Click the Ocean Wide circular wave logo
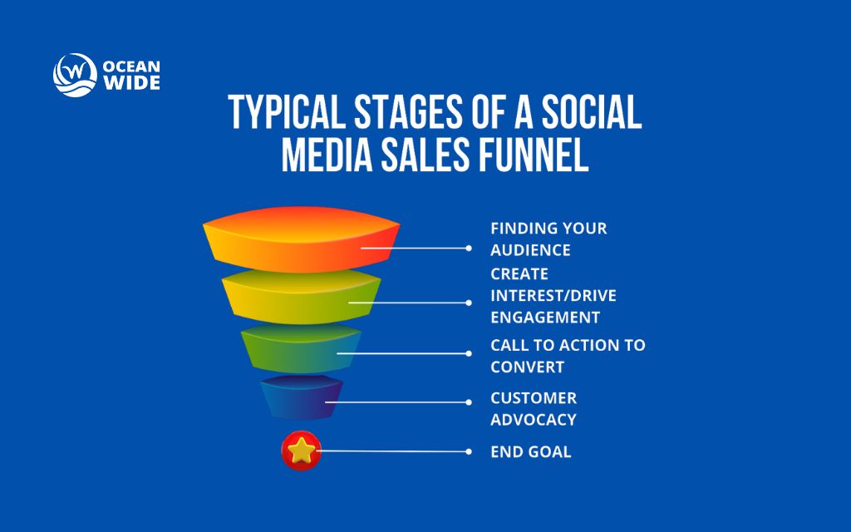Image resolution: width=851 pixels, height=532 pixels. pyautogui.click(x=75, y=75)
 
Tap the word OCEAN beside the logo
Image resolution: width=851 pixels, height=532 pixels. pyautogui.click(x=132, y=65)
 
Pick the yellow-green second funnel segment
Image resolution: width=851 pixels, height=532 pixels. pyautogui.click(x=301, y=298)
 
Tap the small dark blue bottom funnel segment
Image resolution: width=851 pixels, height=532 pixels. pyautogui.click(x=301, y=397)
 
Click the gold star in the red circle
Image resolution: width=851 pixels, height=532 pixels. pyautogui.click(x=301, y=451)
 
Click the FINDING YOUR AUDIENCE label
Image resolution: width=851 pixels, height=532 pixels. pyautogui.click(x=548, y=239)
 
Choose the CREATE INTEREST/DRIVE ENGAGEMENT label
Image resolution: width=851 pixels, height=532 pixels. pyautogui.click(x=553, y=295)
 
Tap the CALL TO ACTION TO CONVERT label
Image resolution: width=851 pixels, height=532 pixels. pyautogui.click(x=568, y=356)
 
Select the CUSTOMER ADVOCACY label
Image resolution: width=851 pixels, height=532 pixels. pyautogui.click(x=534, y=408)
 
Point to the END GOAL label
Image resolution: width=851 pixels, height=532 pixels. pyautogui.click(x=530, y=452)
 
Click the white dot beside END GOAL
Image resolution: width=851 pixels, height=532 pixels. pyautogui.click(x=469, y=452)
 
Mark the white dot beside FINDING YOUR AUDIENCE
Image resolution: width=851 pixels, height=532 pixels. pyautogui.click(x=469, y=248)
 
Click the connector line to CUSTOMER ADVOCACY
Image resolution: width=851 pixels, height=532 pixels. pyautogui.click(x=399, y=402)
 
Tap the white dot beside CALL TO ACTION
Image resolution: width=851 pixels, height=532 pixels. pyautogui.click(x=469, y=353)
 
